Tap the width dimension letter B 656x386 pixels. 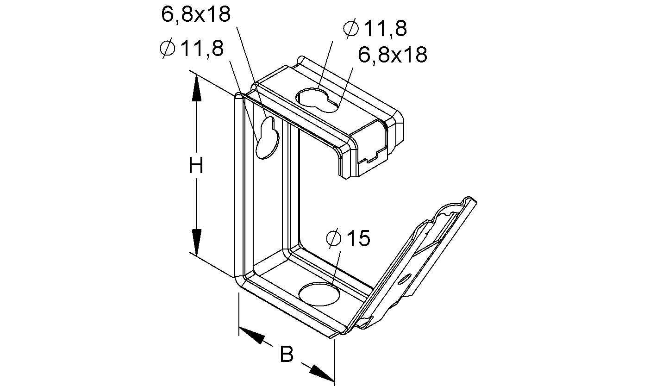click(x=287, y=355)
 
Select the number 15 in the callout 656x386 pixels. click(x=358, y=239)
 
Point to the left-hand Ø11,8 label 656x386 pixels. click(x=191, y=49)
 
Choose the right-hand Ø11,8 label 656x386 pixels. click(x=375, y=29)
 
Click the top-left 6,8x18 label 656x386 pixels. click(x=195, y=14)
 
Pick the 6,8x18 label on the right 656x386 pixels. click(x=393, y=55)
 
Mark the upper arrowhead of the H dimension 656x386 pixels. click(x=196, y=88)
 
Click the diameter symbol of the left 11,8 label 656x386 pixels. click(x=167, y=49)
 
